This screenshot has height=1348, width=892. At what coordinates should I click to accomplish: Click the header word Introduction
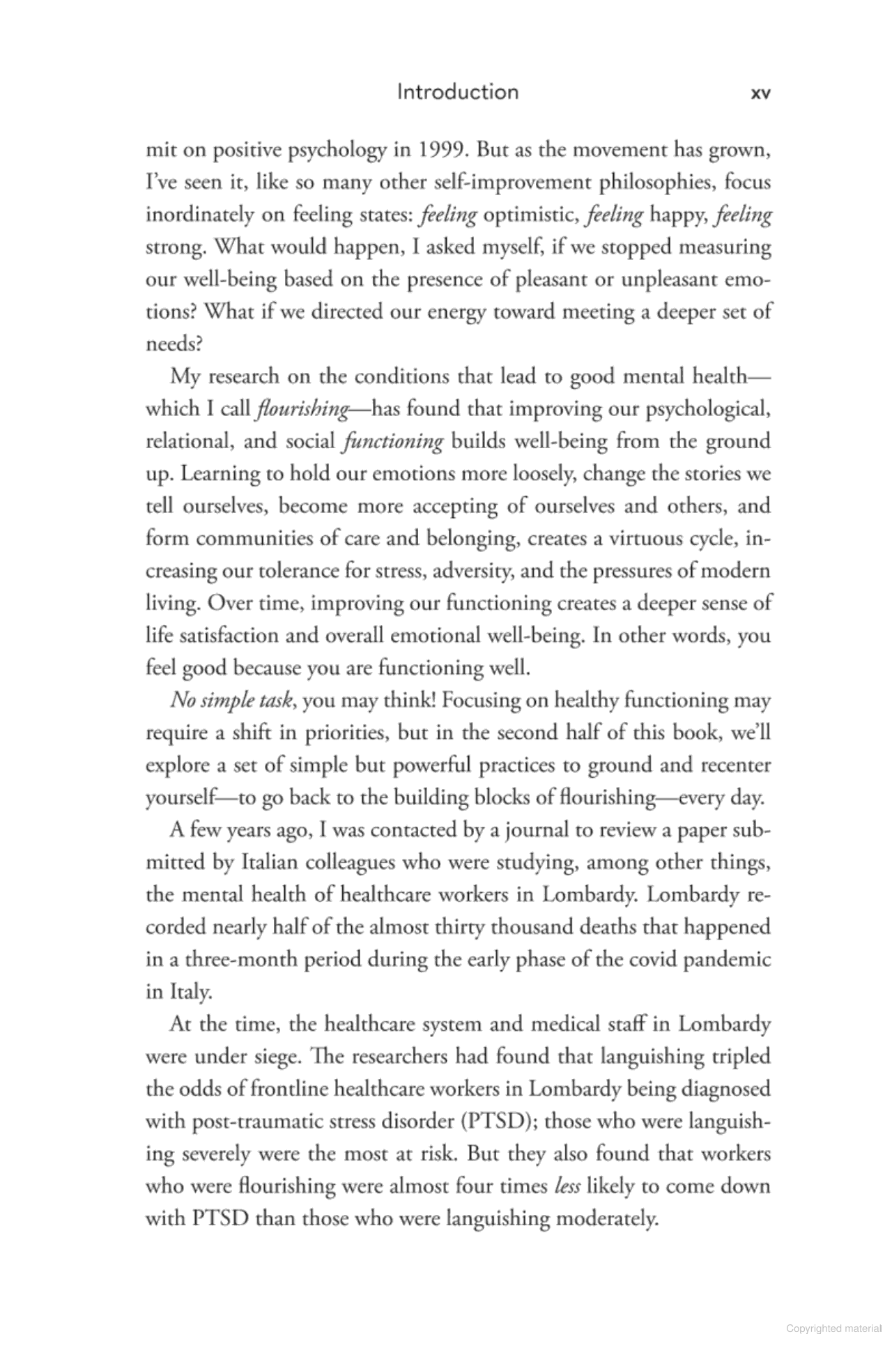point(457,92)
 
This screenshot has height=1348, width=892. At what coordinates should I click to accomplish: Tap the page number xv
point(760,93)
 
